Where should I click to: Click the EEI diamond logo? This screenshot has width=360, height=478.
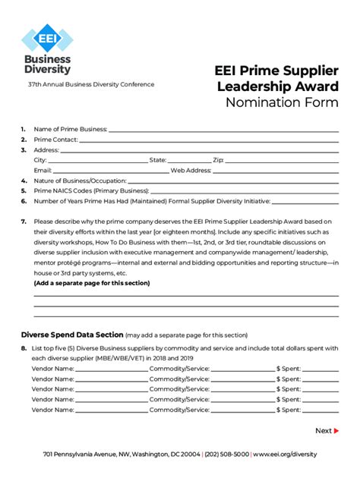click(x=47, y=38)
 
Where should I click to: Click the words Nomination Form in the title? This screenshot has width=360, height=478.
click(x=281, y=103)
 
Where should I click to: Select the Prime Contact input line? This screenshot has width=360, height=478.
click(x=209, y=140)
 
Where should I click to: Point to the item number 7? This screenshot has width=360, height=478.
click(x=24, y=222)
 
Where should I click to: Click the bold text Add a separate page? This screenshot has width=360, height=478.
click(x=91, y=283)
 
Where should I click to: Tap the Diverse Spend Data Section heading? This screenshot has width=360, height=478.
click(x=71, y=334)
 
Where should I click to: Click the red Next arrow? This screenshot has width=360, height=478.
click(x=336, y=431)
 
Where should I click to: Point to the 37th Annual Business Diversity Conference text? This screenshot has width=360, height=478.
click(x=91, y=84)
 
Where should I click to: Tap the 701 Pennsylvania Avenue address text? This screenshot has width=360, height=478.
click(x=122, y=454)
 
